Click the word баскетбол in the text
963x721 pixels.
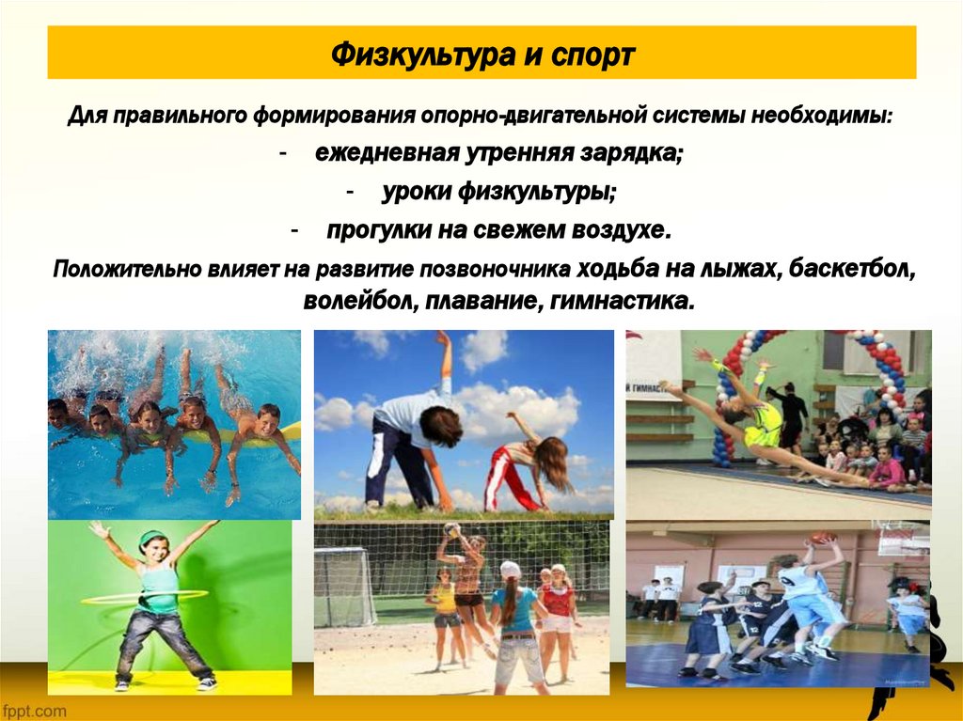[x=852, y=269]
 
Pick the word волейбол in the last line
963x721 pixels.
[x=361, y=303]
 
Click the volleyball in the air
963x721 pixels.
[x=452, y=529]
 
